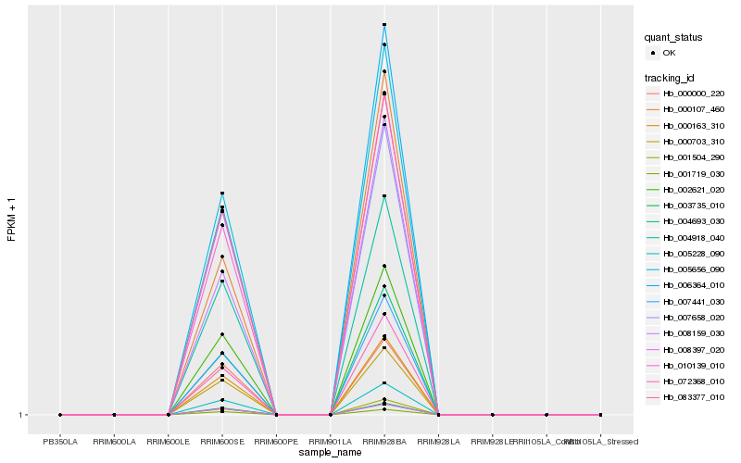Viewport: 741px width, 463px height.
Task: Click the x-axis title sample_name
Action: pos(331,453)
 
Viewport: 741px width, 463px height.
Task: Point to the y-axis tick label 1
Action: pos(21,415)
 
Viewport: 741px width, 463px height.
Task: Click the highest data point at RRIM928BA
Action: pos(384,25)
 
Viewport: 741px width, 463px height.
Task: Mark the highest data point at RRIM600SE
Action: pos(222,193)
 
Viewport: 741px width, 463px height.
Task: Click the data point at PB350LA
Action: pos(60,415)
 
